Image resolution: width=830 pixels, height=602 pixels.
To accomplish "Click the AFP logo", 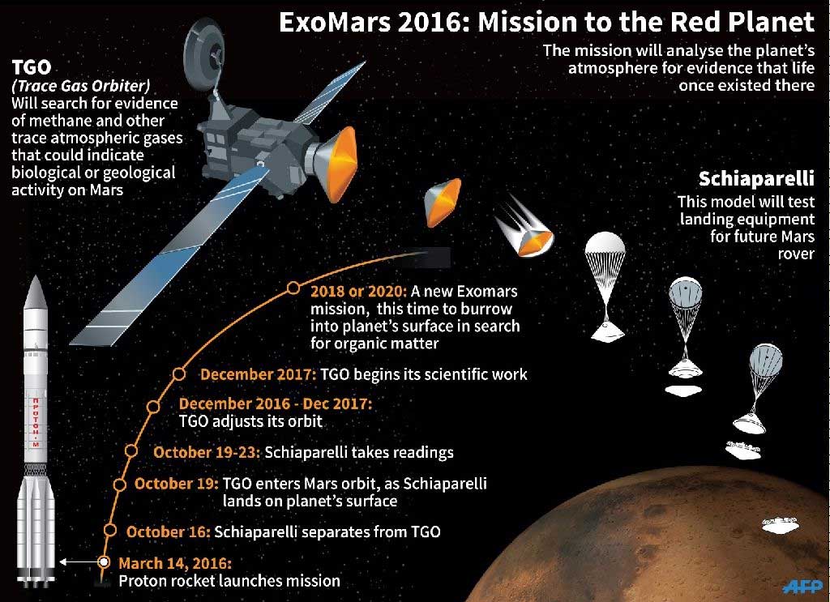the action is [x=802, y=586].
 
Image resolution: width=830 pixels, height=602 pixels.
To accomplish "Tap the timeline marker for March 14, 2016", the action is [x=105, y=561].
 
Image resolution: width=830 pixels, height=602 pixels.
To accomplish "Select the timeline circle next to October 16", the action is [x=110, y=530].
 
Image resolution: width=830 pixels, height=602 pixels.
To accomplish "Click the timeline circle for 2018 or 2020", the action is [x=293, y=288].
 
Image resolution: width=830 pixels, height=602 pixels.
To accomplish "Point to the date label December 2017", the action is [x=258, y=374].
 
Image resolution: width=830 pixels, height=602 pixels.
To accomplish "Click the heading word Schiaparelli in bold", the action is [x=756, y=179].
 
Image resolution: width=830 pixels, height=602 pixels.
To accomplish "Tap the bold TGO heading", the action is [x=32, y=67].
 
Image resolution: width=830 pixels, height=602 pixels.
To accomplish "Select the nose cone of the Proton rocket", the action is [x=36, y=292].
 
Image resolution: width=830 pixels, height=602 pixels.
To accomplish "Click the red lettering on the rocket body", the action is [x=36, y=421].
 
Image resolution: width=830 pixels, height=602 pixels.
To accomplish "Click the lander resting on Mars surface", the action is [x=780, y=525].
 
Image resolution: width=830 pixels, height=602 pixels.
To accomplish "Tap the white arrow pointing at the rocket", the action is [x=79, y=561].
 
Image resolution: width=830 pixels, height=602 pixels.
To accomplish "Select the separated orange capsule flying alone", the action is [x=442, y=202].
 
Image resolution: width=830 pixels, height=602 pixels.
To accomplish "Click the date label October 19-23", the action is [x=207, y=452].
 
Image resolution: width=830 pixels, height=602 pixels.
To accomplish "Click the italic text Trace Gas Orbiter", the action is [x=81, y=86].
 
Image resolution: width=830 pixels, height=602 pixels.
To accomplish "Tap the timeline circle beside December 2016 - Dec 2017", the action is [x=153, y=406].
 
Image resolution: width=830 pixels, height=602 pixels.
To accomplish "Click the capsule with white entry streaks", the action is [x=527, y=228].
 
